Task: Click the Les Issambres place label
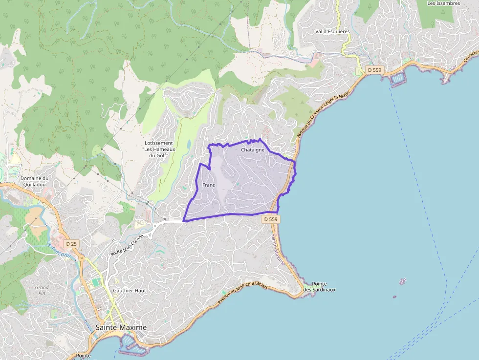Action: (444, 3)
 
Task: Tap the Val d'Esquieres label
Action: (332, 31)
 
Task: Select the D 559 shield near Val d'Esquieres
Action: (374, 70)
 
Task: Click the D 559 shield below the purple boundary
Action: (271, 219)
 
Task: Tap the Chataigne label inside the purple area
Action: (253, 150)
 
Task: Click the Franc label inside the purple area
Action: (209, 185)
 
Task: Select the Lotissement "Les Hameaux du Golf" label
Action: (156, 149)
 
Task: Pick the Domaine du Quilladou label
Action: (34, 181)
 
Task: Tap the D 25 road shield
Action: (71, 243)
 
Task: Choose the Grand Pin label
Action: (42, 291)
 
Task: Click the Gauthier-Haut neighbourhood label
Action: (130, 290)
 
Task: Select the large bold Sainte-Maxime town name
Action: (121, 327)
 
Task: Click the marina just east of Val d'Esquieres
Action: (397, 78)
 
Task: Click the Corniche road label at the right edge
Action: (470, 58)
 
